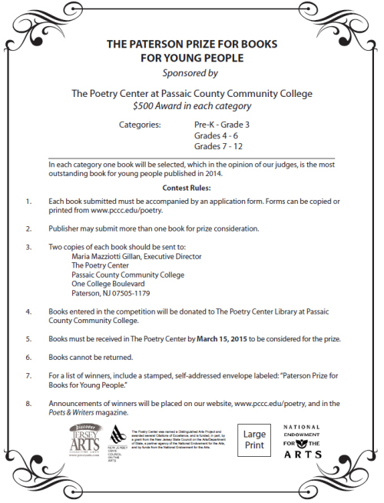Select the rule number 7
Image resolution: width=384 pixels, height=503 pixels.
coord(28,376)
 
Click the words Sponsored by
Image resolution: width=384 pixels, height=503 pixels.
coord(191,74)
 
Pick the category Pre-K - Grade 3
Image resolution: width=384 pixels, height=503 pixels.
coord(221,123)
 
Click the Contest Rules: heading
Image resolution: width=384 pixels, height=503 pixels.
coord(191,188)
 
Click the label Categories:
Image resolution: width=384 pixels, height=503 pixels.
coord(141,123)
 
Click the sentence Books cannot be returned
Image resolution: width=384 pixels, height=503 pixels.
coord(91,358)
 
